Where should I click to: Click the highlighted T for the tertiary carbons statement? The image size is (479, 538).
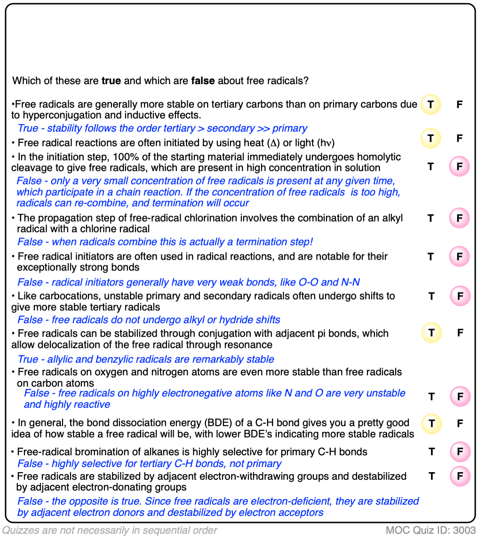click(431, 104)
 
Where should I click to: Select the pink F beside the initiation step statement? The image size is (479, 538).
click(460, 166)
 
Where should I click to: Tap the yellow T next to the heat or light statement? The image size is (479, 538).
click(431, 138)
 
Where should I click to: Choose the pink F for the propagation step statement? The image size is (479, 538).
click(460, 218)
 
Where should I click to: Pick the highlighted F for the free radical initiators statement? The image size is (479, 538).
click(460, 257)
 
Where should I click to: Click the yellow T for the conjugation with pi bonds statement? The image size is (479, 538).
click(431, 333)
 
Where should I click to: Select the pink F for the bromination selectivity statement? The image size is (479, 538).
click(460, 452)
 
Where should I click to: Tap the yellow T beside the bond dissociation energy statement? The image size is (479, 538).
click(431, 423)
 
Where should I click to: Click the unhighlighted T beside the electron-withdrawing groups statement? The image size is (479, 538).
click(431, 476)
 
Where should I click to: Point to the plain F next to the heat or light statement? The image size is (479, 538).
click(460, 138)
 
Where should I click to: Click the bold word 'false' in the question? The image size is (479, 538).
click(203, 80)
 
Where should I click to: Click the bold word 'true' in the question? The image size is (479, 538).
click(111, 80)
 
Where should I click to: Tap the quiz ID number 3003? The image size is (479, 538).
click(465, 530)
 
